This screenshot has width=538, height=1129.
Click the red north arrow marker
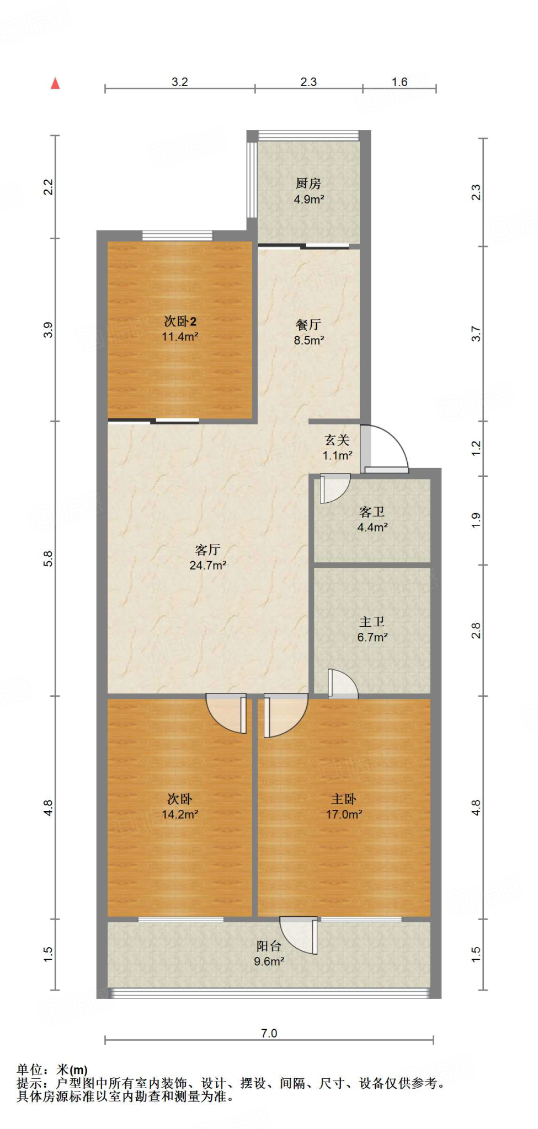[55, 83]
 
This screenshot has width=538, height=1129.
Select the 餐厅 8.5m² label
[308, 332]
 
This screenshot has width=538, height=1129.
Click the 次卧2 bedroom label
[180, 328]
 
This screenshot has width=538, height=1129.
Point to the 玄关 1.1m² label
[337, 447]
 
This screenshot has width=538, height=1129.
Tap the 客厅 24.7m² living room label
[207, 557]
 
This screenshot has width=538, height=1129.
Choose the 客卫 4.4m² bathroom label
[372, 519]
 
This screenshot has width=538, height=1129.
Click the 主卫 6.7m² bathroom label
[372, 629]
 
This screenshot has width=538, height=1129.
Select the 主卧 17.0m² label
[344, 806]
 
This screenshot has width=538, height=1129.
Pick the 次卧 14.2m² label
[180, 806]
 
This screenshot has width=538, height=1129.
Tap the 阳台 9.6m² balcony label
[269, 953]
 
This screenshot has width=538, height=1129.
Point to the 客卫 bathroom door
[333, 488]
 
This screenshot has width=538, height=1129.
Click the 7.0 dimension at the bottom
[269, 1033]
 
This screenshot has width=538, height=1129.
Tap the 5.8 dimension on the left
[49, 558]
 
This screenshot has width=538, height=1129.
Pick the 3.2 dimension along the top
[180, 82]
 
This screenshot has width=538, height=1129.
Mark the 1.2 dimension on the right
[476, 448]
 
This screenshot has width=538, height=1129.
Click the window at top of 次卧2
[177, 236]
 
